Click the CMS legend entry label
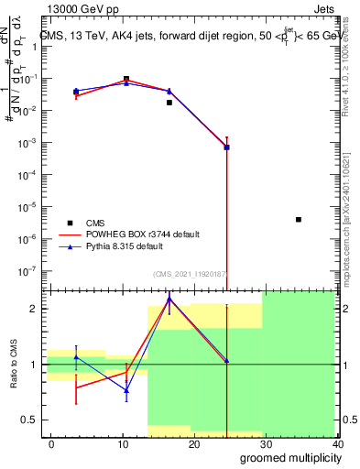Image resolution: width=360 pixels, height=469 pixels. coord(95,223)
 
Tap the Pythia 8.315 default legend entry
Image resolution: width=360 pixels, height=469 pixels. coord(127,246)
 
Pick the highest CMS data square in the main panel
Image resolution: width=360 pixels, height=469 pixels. coord(126,79)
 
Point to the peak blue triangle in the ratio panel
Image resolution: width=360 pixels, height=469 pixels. coord(169,300)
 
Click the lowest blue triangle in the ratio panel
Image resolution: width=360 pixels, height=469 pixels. coord(126,390)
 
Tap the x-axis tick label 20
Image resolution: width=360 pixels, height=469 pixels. coord(194,443)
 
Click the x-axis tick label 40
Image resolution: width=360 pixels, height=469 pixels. coord(337,443)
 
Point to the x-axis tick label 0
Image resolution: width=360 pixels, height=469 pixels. coord(51,443)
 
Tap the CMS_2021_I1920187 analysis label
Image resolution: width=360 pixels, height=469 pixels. coord(191,274)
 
